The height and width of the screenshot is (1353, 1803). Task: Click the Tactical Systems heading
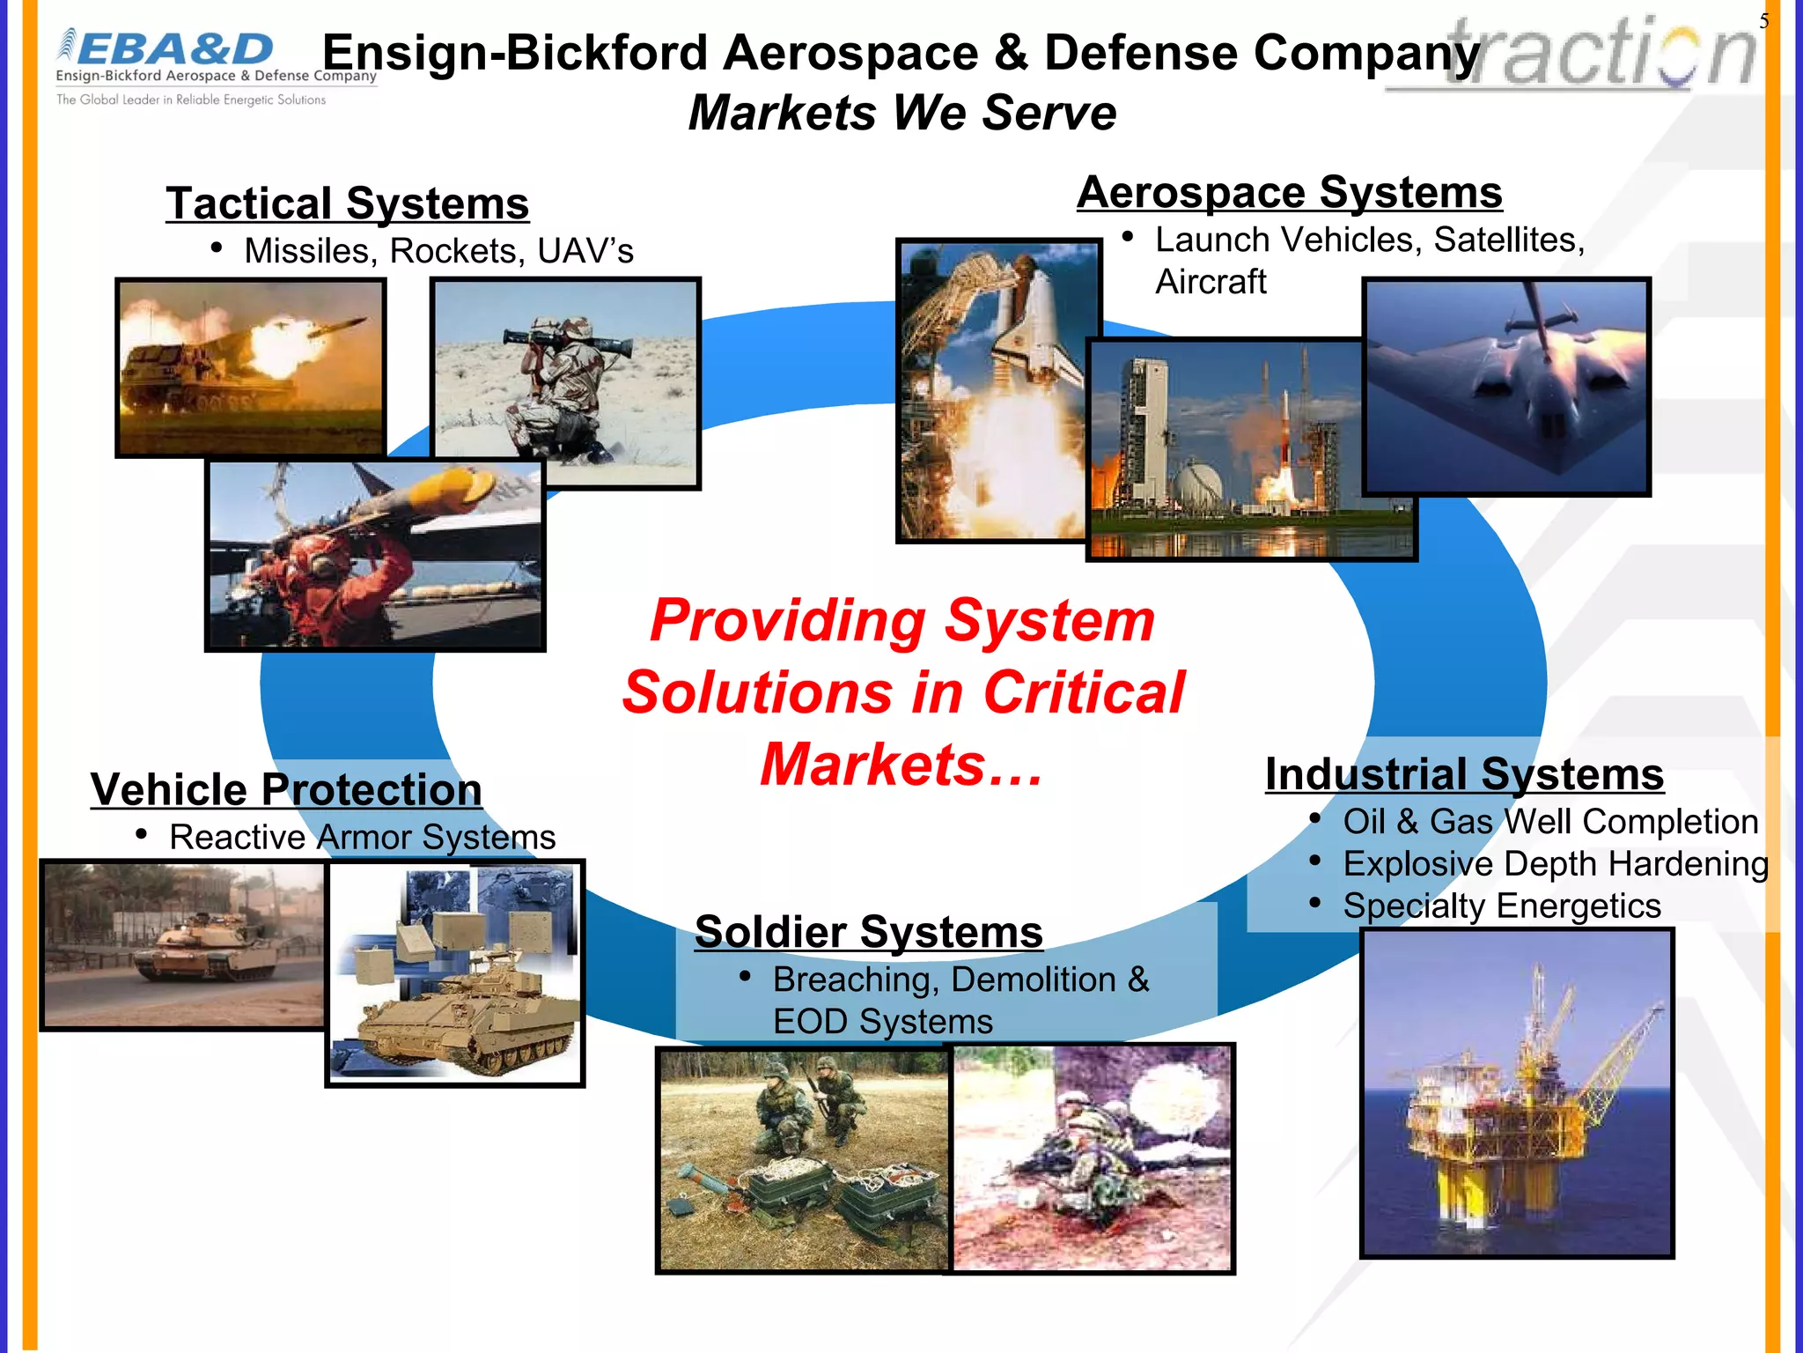coord(347,203)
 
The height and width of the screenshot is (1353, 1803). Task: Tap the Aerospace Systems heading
coord(1289,192)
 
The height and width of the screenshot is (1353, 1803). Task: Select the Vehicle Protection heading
coord(286,789)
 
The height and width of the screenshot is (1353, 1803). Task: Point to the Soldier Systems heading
coord(868,932)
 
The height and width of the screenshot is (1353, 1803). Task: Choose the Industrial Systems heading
coord(1464,775)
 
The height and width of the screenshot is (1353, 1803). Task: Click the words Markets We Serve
coord(901,113)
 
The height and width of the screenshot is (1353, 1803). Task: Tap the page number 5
coord(1763,21)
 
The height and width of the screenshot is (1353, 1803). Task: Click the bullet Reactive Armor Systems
coord(362,837)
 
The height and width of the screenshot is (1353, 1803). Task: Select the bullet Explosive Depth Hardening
coord(1555,864)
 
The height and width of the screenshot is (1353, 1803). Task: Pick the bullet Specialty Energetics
coord(1501,906)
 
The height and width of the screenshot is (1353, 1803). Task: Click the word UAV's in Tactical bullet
coord(585,251)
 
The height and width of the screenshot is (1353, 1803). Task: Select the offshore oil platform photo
coord(1516,1092)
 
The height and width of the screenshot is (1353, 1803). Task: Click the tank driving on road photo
coord(183,944)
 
